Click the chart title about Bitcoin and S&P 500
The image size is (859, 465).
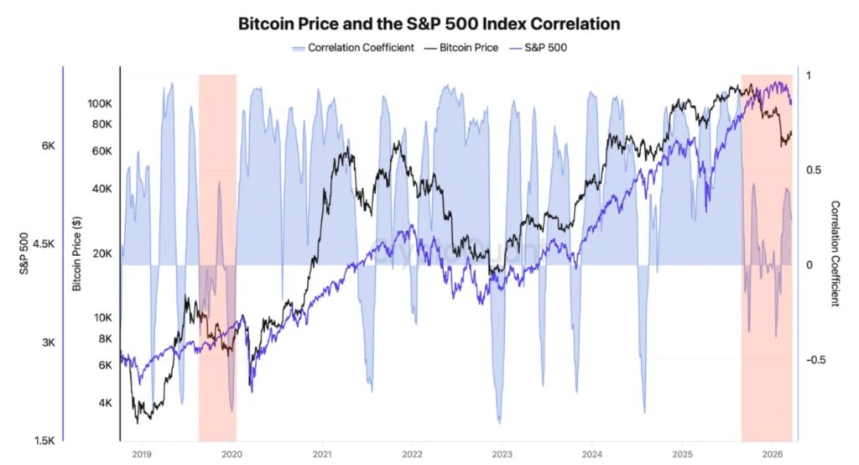pos(429,24)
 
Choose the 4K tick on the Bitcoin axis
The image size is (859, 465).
pos(104,403)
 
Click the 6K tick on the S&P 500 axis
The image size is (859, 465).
pos(48,146)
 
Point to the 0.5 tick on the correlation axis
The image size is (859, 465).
pos(813,170)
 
